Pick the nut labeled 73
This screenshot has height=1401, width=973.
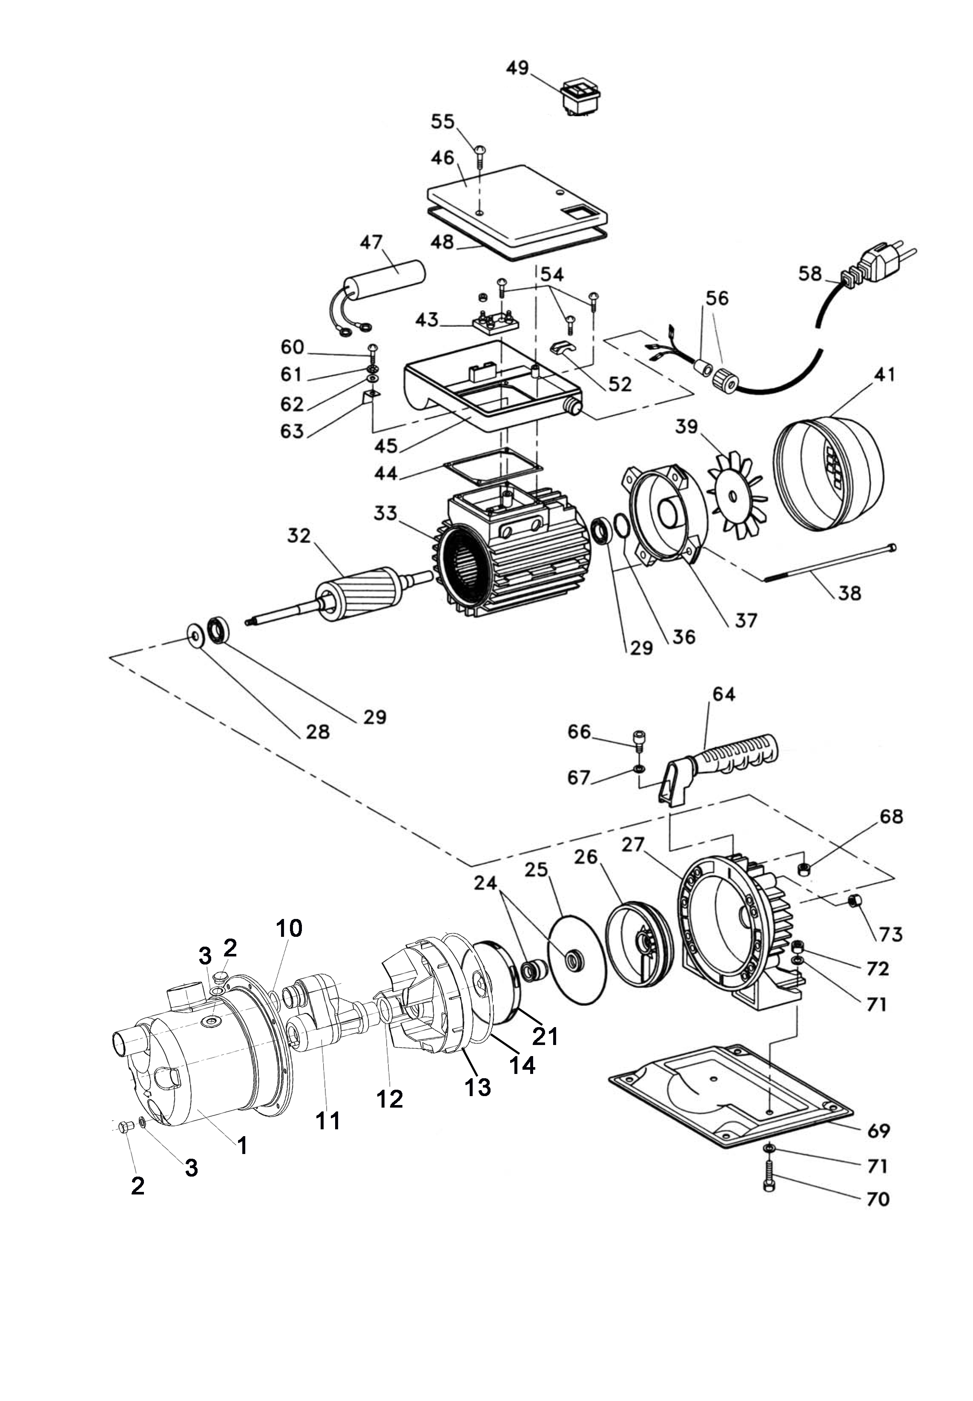coord(854,899)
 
